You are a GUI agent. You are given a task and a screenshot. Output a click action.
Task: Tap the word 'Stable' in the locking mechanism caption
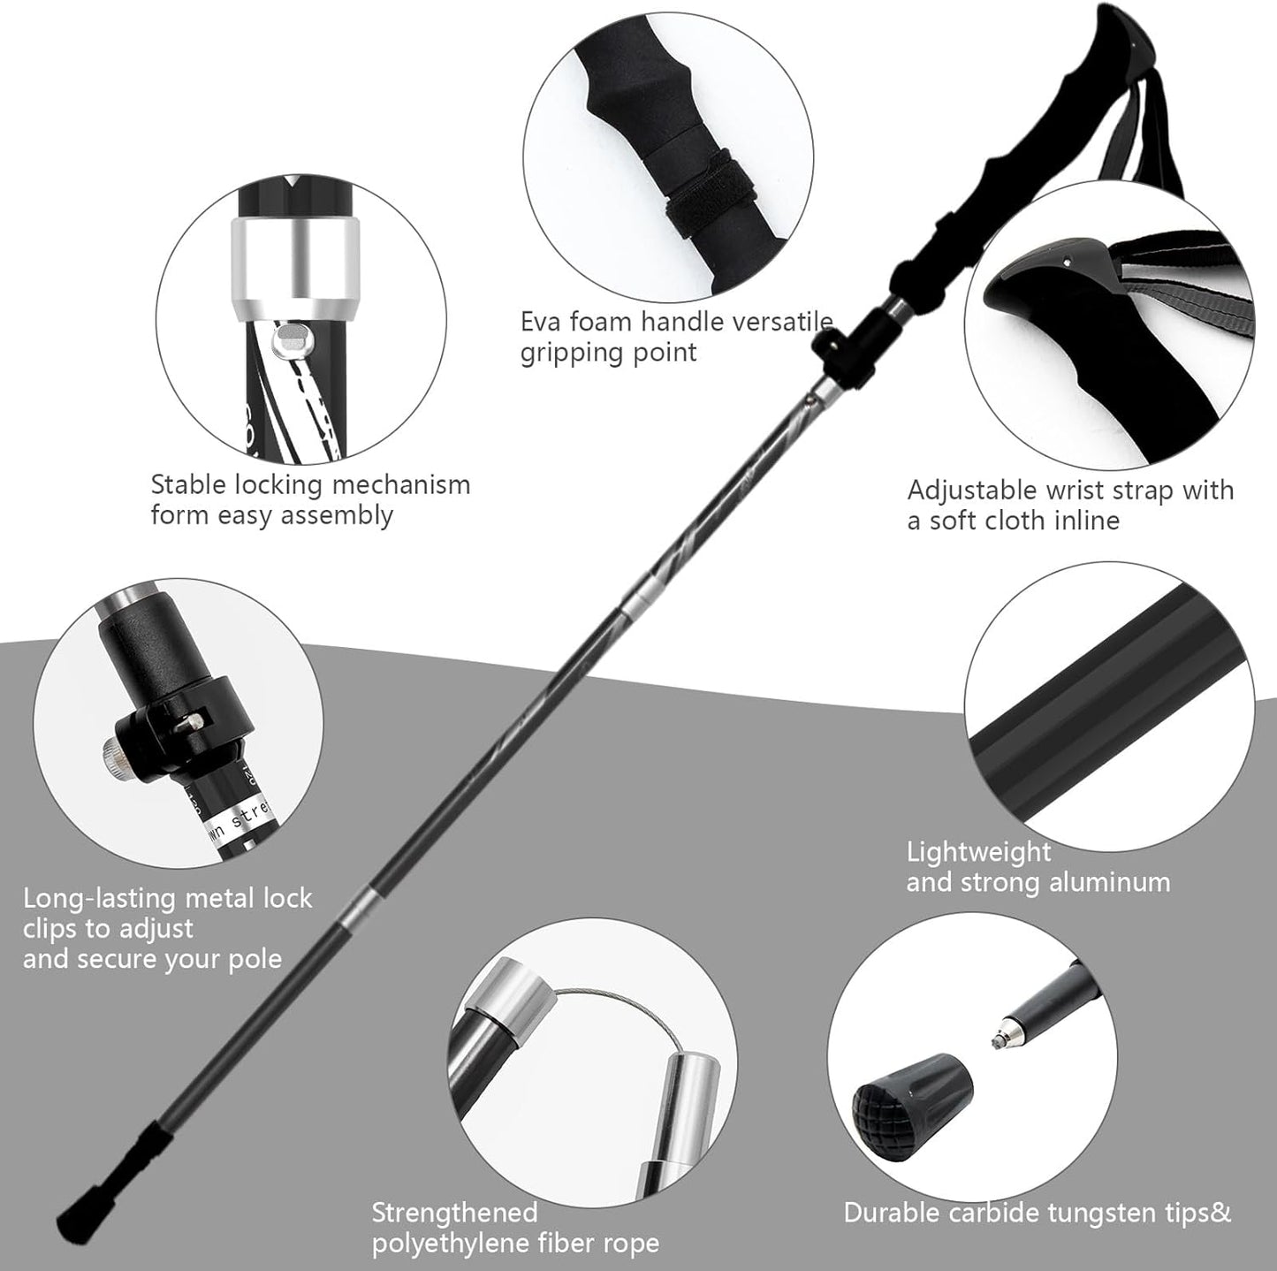(188, 484)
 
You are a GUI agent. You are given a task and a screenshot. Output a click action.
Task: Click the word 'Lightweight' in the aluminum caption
(979, 852)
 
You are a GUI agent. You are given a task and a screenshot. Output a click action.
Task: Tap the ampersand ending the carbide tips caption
(1220, 1212)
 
